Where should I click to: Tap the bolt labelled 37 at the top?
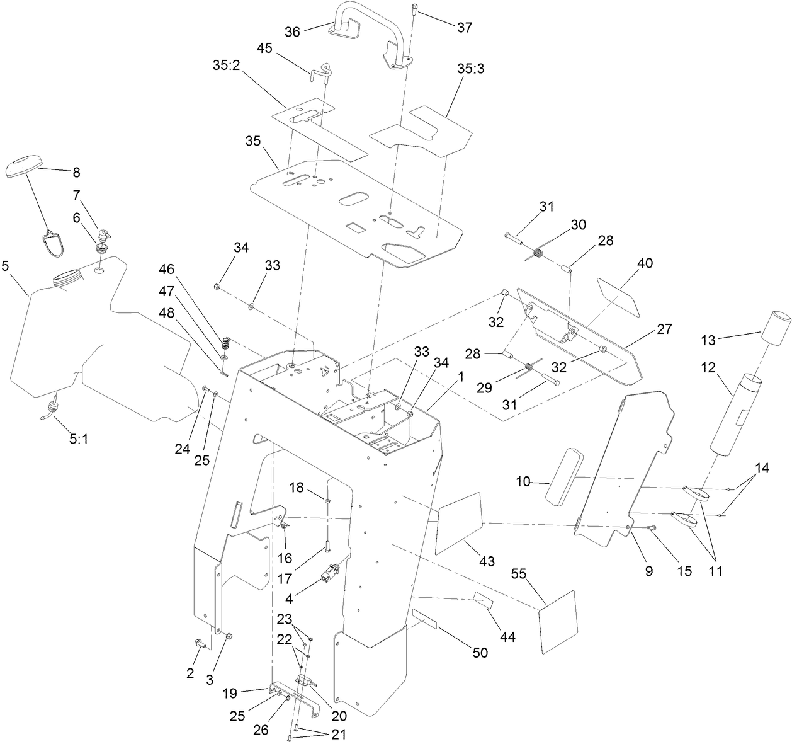[414, 9]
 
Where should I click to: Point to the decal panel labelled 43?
[458, 523]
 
